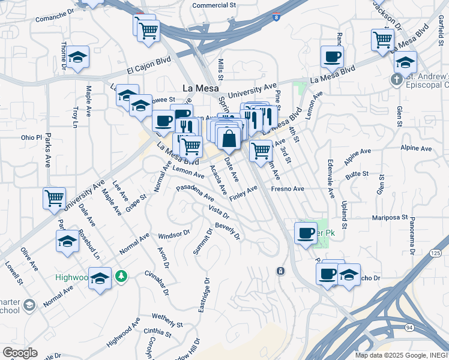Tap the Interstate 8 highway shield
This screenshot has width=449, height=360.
(276, 18)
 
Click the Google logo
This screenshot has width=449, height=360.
(19, 353)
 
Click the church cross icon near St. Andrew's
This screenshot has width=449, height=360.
(396, 79)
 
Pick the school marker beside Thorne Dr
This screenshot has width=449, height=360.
(77, 58)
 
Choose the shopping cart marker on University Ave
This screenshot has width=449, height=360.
(54, 197)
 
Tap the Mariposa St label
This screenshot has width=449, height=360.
(390, 217)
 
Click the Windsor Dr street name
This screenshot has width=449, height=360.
(174, 233)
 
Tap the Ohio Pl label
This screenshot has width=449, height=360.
(31, 137)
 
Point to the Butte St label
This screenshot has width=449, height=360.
(357, 173)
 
